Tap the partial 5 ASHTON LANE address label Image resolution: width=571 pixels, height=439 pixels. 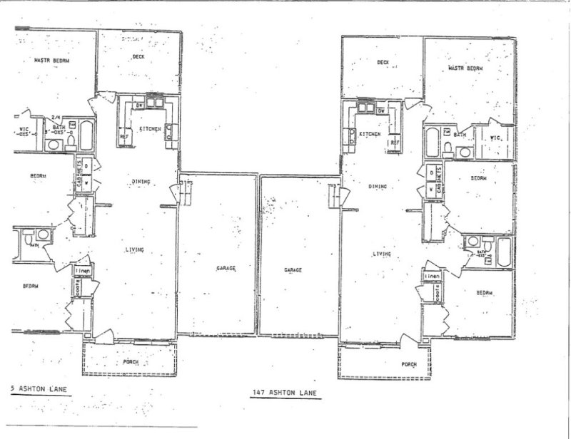(x=34, y=389)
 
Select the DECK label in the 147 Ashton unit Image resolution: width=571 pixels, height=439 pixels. (x=383, y=63)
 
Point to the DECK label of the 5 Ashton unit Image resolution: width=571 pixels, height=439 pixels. (x=140, y=56)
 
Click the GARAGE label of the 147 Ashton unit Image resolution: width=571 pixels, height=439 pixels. (x=294, y=270)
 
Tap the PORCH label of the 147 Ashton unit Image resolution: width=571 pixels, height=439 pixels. (x=408, y=364)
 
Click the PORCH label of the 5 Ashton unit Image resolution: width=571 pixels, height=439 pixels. (x=131, y=362)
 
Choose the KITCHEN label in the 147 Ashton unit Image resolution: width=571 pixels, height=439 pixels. (x=369, y=134)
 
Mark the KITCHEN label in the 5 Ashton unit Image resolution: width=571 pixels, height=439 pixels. (x=150, y=128)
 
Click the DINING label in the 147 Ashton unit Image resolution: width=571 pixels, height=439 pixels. (x=378, y=187)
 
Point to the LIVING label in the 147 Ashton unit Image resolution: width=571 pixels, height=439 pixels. (x=383, y=253)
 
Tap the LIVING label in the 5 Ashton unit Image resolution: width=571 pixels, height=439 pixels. (x=135, y=249)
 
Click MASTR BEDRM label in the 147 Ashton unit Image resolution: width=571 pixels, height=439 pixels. (x=465, y=68)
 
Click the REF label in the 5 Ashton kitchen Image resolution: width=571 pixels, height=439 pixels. (x=123, y=136)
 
